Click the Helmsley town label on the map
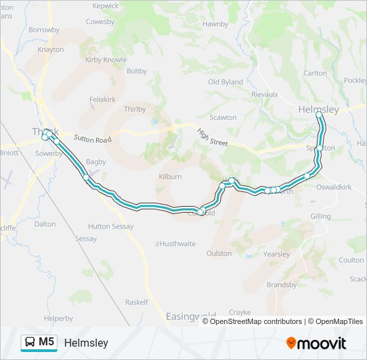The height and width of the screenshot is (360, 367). [319, 109]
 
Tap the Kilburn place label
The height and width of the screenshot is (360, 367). [169, 177]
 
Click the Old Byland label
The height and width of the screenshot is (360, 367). [226, 82]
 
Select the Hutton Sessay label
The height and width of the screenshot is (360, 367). [111, 227]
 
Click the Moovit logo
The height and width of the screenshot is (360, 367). [316, 343]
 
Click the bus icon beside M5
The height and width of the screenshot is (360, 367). [30, 343]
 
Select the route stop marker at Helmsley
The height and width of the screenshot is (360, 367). [319, 115]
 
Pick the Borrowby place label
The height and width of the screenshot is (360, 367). [44, 30]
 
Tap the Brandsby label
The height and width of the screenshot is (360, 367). [281, 285]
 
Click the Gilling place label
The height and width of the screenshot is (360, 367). [320, 217]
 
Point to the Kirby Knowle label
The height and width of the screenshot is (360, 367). [106, 59]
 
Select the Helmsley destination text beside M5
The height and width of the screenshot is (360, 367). [86, 343]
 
